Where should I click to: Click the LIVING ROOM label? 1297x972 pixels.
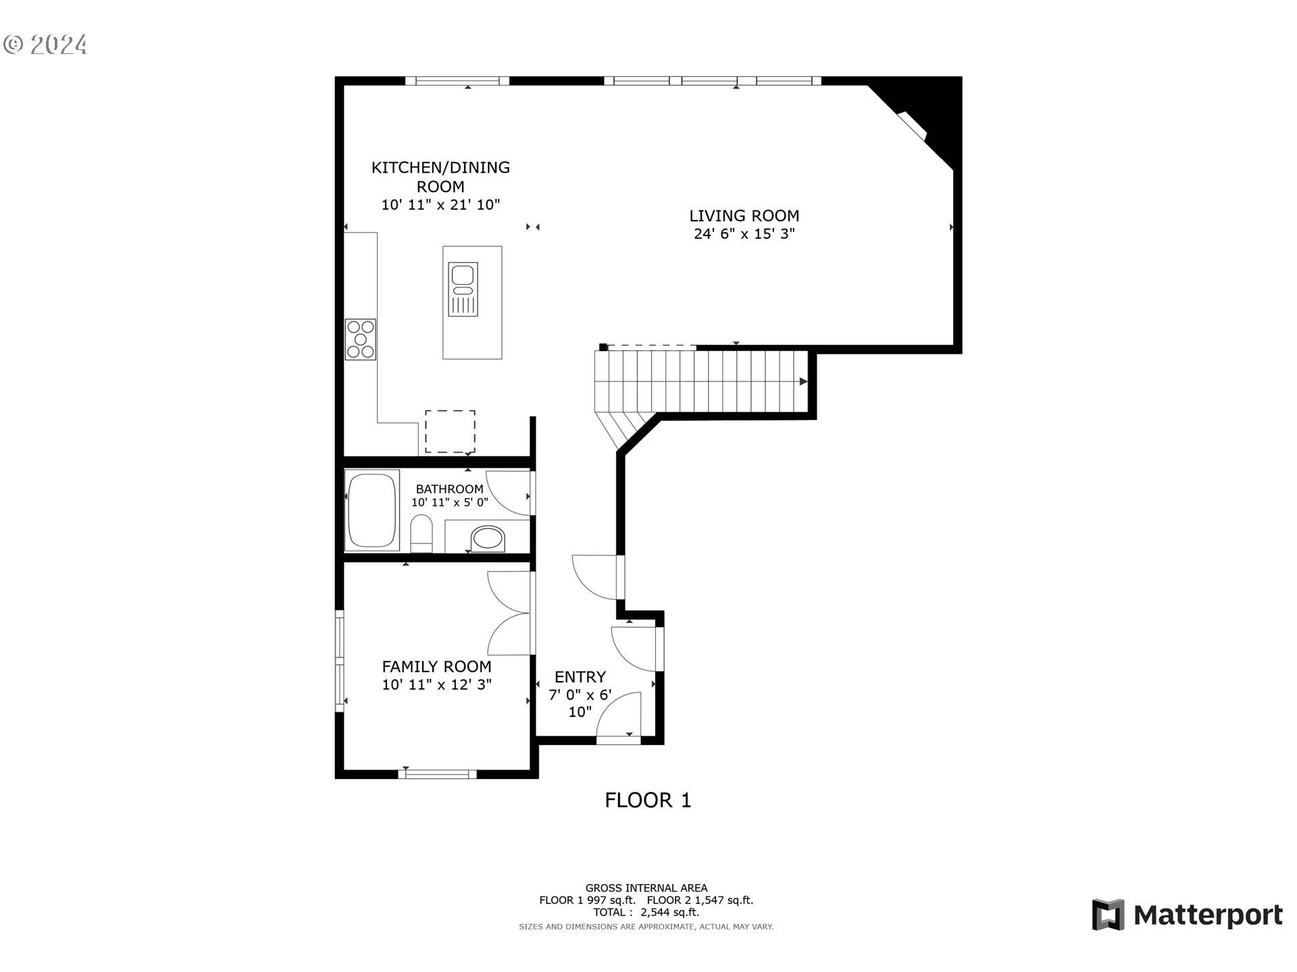coord(744,216)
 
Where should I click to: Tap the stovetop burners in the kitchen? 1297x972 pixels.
coord(361,340)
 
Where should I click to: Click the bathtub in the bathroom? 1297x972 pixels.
coord(372,510)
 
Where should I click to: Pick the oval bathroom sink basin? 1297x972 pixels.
coord(488,539)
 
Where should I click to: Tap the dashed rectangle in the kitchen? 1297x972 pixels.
coord(450,431)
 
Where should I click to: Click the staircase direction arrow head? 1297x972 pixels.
coord(803,381)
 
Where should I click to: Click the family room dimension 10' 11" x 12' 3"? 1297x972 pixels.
coord(436,684)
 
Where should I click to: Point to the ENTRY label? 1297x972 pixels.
coord(580,677)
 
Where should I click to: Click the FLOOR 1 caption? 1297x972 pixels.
coord(648,801)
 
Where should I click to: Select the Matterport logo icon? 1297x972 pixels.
coord(1108,915)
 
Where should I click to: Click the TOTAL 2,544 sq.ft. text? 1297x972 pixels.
coord(646,913)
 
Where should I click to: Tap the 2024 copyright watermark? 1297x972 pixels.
coord(46,45)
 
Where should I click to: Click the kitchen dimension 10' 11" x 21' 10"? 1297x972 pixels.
coord(440,205)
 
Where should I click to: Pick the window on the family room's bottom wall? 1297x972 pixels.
coord(437,774)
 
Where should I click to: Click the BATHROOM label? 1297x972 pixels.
coord(449,489)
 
